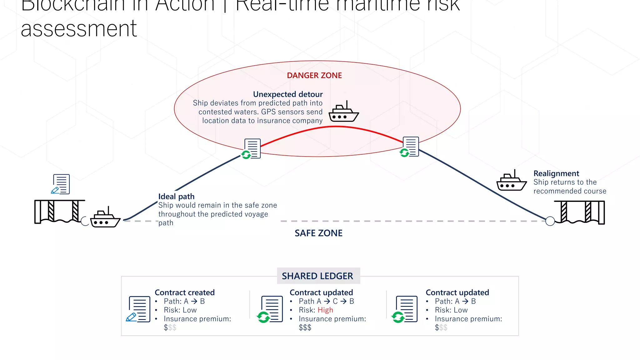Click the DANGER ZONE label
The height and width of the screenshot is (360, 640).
click(314, 76)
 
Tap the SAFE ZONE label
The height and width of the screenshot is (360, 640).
click(318, 233)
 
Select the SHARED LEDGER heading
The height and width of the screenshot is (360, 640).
click(317, 276)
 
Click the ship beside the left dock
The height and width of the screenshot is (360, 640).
click(105, 218)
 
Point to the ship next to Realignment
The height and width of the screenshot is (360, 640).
click(511, 182)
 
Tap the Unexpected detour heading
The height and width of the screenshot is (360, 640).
click(287, 94)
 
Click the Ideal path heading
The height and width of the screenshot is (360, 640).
click(176, 197)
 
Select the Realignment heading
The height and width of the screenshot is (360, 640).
click(556, 173)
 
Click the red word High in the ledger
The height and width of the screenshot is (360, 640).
click(325, 310)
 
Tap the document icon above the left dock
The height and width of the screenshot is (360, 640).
click(61, 184)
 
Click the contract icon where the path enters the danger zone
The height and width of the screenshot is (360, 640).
click(252, 149)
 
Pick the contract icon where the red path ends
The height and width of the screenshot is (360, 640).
click(410, 147)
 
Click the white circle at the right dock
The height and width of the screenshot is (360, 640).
click(550, 221)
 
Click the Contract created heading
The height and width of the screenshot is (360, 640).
click(184, 292)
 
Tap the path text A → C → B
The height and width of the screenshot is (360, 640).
click(326, 301)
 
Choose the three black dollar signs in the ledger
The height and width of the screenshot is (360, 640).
click(305, 327)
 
